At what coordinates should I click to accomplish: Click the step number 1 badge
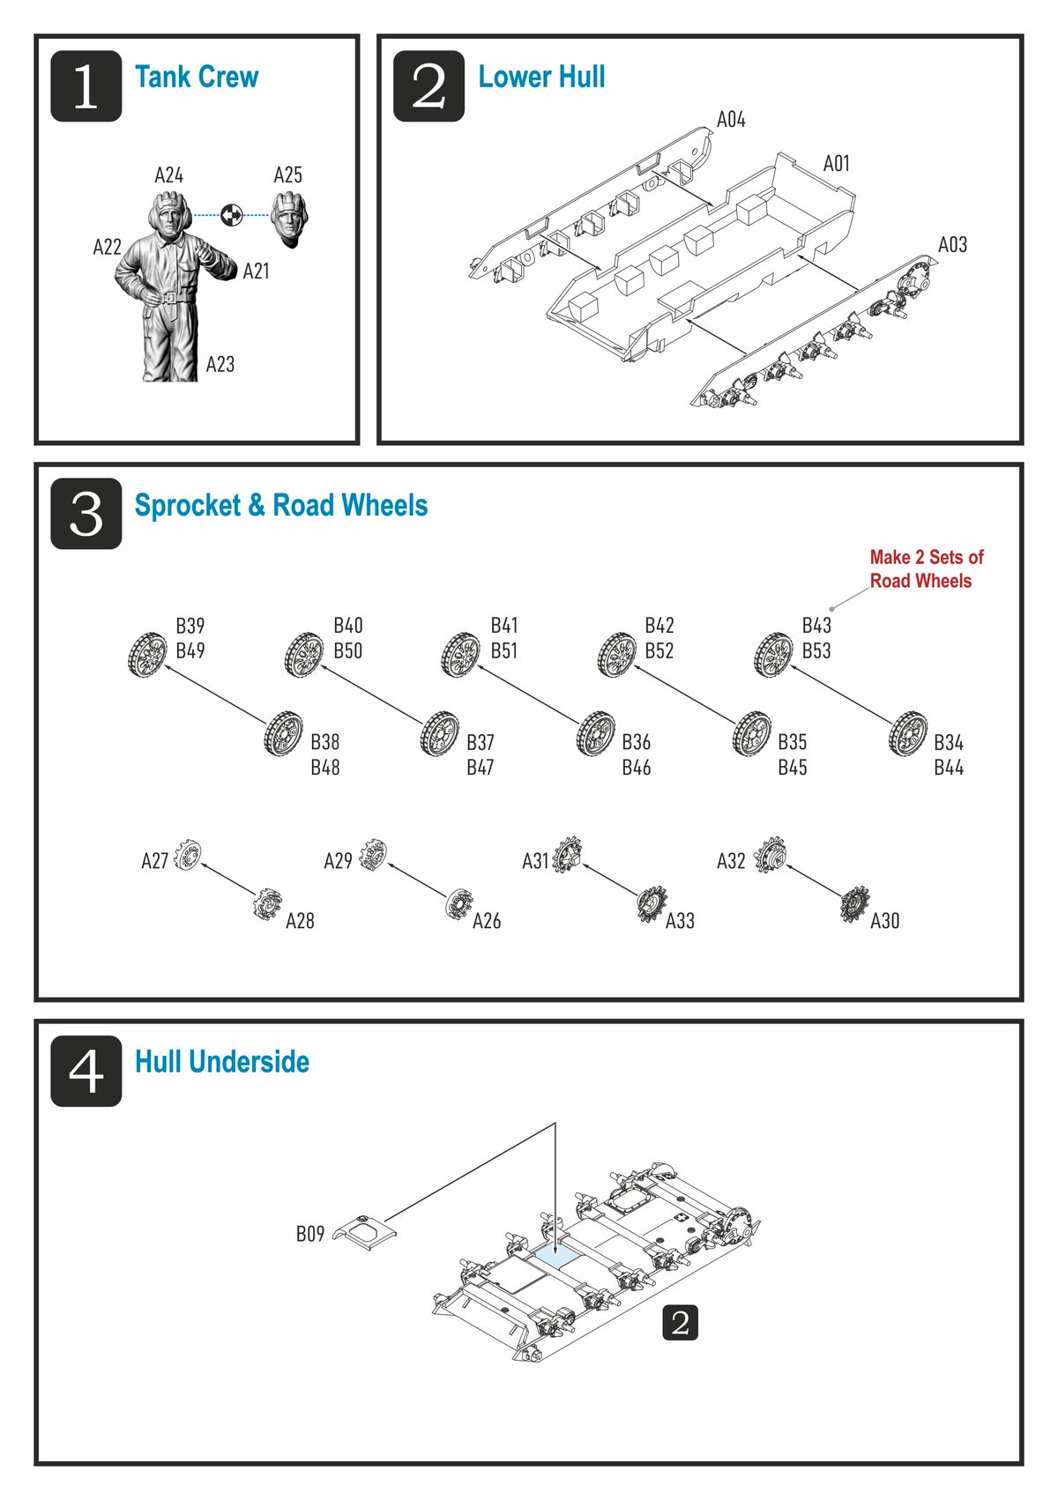86,86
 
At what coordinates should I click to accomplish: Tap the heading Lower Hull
541,78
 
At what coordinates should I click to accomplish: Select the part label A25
287,175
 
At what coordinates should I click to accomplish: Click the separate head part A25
288,218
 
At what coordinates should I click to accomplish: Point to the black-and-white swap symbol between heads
231,214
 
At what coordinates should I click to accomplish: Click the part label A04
731,120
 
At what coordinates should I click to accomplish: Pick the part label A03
952,245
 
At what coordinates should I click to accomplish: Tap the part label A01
836,164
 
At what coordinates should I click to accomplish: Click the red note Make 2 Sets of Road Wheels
926,568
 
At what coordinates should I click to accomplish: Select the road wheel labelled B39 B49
147,655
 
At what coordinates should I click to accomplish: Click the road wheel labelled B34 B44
908,733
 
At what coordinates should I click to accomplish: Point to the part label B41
504,626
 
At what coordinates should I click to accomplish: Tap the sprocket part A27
188,854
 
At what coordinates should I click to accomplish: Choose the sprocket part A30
854,903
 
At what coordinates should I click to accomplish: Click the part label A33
680,921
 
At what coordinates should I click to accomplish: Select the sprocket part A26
459,903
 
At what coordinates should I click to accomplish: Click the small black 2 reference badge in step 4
680,1323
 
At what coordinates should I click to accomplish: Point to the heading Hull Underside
222,1062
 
